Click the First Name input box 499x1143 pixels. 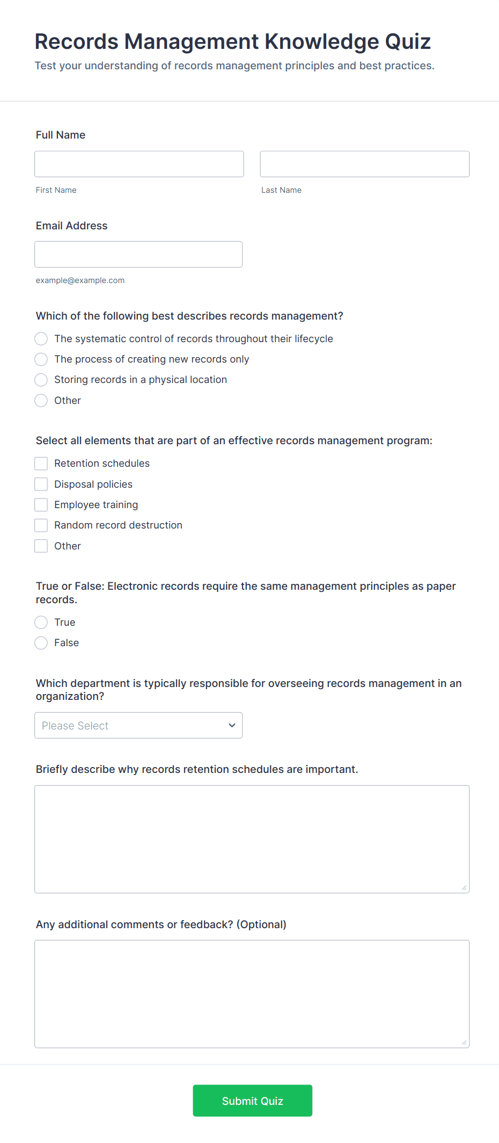[x=139, y=164]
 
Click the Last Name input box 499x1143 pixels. [x=364, y=164]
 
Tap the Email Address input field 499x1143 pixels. [x=138, y=254]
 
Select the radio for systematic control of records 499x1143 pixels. [x=41, y=339]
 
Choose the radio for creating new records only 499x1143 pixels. [x=41, y=359]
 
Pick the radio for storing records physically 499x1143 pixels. [x=41, y=380]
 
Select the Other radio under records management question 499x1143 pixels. [x=41, y=401]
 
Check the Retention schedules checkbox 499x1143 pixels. [x=41, y=464]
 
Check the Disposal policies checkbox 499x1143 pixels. [x=41, y=484]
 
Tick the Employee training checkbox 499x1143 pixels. [x=41, y=505]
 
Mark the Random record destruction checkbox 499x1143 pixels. [x=41, y=525]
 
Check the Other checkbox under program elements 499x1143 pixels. [x=41, y=546]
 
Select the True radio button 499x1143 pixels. [x=41, y=623]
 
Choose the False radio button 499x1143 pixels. [x=41, y=643]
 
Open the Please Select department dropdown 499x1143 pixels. [x=138, y=726]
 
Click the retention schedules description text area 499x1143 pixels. [x=252, y=839]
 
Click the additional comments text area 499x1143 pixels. [x=252, y=994]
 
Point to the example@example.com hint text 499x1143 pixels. [x=80, y=280]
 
